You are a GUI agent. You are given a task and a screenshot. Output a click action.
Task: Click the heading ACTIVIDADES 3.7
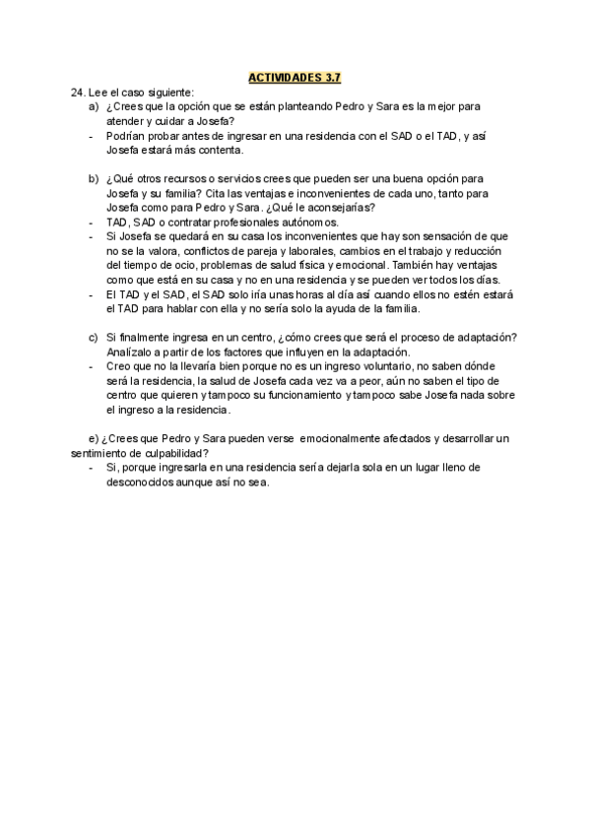[295, 76]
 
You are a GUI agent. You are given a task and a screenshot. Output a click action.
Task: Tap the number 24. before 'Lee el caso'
[80, 91]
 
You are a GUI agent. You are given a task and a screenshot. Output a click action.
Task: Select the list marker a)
[94, 104]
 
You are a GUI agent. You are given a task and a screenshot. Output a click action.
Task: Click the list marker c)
[94, 338]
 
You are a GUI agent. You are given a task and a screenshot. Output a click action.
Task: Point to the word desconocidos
[145, 482]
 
